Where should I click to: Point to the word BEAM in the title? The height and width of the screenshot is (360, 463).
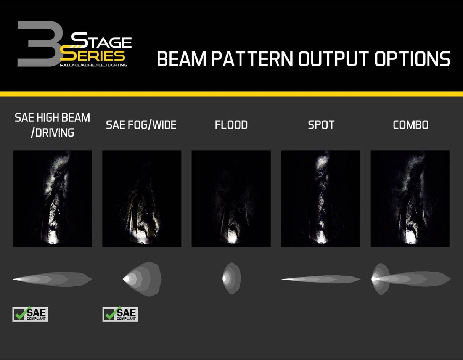(x=181, y=59)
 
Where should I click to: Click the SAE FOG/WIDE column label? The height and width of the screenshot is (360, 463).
(x=141, y=125)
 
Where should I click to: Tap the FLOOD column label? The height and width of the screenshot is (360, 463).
(x=231, y=125)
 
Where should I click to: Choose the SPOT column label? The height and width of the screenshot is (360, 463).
(x=321, y=125)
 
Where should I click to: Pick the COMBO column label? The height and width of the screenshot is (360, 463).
(x=410, y=125)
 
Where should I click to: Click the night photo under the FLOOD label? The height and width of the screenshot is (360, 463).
(x=231, y=198)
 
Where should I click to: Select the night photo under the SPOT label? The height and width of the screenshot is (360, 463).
(x=320, y=198)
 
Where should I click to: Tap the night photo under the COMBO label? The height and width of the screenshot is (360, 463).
(x=410, y=198)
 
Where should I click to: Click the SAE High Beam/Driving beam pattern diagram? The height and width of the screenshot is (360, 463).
(x=52, y=279)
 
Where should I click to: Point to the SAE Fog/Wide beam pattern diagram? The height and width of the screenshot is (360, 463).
(x=142, y=279)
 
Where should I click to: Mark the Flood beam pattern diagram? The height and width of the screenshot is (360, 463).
(x=231, y=278)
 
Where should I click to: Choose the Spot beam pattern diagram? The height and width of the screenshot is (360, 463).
(x=321, y=280)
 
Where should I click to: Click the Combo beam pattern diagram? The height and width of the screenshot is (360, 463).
(x=410, y=279)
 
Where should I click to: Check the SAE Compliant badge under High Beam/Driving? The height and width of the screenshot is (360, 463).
(x=30, y=314)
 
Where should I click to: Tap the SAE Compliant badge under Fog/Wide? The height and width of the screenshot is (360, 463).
(x=120, y=314)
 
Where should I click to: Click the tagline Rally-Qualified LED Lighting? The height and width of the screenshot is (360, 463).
(x=93, y=65)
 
